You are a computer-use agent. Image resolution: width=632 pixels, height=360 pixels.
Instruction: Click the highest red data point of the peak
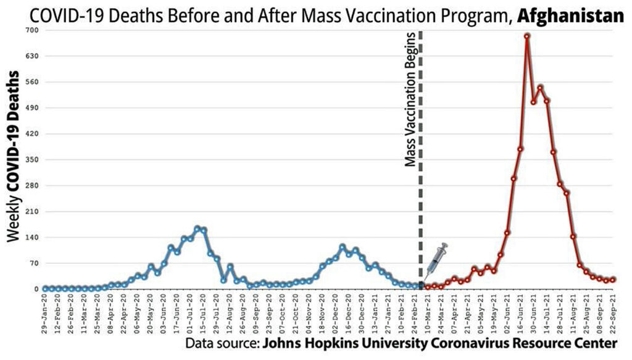tap(527, 36)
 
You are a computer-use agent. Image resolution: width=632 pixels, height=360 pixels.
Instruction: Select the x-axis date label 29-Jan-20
tap(44, 314)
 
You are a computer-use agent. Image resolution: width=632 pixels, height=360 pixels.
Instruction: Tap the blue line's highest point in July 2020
tap(197, 228)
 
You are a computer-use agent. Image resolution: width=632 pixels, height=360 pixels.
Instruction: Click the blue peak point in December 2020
tap(343, 246)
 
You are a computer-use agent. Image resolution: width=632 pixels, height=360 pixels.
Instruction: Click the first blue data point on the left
tap(44, 288)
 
